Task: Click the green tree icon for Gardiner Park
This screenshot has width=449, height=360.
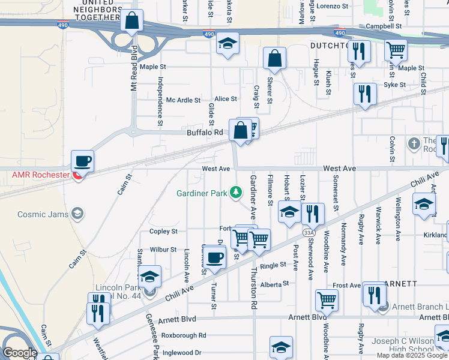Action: tap(237, 193)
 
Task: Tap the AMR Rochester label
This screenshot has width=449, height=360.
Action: tap(40, 175)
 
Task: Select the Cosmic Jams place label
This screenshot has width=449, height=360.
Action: tap(43, 213)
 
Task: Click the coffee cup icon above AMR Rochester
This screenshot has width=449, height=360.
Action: tap(82, 161)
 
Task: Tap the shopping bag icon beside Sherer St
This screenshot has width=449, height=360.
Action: tap(274, 58)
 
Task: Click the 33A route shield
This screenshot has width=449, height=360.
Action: tap(309, 232)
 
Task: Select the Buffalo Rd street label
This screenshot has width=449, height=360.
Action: tap(205, 132)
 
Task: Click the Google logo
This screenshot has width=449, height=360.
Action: tap(20, 353)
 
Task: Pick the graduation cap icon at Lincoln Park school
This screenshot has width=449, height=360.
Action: tap(150, 276)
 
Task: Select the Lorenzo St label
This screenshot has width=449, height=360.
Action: tap(333, 6)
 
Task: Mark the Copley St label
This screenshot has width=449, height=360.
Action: tap(163, 231)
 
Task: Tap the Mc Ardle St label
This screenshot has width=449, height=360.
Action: tap(183, 100)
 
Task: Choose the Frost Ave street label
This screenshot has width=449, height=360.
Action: tap(346, 286)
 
